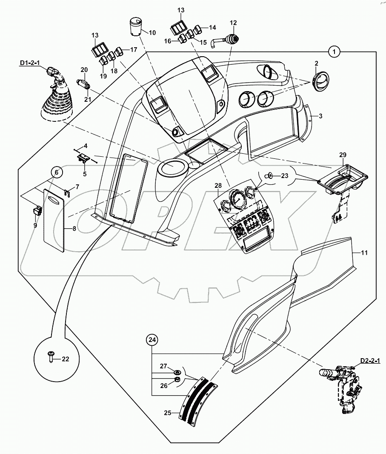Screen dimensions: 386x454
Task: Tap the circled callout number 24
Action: [x=152, y=339]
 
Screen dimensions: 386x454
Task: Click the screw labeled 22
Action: [x=51, y=356]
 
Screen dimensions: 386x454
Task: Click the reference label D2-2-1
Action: [x=370, y=361]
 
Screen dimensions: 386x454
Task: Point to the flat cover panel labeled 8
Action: [x=54, y=219]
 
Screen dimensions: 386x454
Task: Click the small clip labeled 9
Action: [x=37, y=210]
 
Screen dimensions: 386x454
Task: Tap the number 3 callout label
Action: [x=320, y=115]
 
